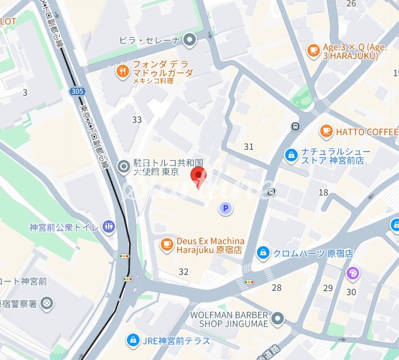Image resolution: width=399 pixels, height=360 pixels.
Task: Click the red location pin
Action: (200, 176)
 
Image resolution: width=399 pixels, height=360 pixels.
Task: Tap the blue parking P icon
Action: (225, 208)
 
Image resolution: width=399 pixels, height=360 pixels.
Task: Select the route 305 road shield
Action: (77, 91)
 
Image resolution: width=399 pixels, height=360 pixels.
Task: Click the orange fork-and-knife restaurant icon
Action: (122, 72)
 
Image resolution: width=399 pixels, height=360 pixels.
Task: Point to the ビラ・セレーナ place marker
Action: (189, 40)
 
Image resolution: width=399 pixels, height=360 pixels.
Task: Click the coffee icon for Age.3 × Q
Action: (314, 50)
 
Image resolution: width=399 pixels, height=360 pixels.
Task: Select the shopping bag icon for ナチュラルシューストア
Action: (291, 155)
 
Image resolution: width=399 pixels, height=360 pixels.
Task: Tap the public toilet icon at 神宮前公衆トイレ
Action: (108, 227)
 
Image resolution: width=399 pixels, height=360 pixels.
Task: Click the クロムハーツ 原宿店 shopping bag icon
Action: (263, 253)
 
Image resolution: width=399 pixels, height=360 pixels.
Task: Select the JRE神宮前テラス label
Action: (176, 341)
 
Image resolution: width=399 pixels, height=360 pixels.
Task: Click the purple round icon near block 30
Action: (353, 273)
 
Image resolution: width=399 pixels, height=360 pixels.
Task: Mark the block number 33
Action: (137, 120)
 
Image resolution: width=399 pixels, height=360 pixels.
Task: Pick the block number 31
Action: (249, 146)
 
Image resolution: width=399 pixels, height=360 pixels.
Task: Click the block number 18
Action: (323, 193)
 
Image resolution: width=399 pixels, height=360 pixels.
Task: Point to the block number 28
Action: (277, 287)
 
